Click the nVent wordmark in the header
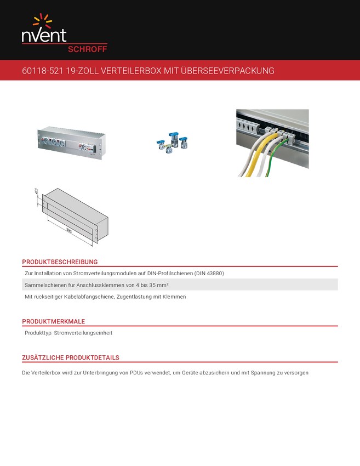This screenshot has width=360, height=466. point(44,36)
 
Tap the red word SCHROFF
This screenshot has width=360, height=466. point(87,49)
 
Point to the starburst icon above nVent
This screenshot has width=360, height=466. point(42,21)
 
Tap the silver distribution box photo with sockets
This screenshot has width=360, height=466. point(71,144)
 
